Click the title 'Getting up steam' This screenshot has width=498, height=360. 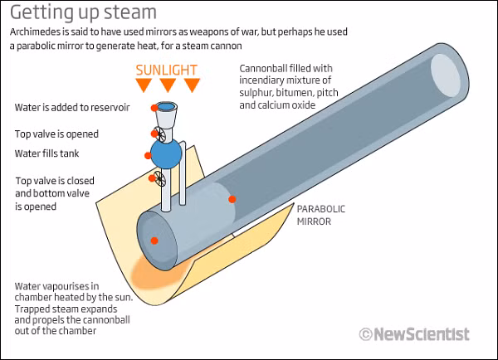pos(83,13)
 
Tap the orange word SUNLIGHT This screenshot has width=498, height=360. pos(167,71)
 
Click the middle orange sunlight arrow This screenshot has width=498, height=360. pos(168,85)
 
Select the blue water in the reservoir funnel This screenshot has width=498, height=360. pos(166,106)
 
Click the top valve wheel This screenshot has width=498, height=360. pos(159,134)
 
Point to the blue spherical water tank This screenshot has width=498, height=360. pos(166,154)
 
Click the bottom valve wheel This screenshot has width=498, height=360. pos(159,178)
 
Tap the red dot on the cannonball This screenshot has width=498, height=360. pos(232,199)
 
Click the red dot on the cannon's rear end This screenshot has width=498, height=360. pos(154,241)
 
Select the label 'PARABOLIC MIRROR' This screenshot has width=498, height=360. pos(320,215)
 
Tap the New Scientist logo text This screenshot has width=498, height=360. pos(422,334)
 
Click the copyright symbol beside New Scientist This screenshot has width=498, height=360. pos(365,334)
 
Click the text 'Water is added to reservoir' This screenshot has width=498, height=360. pos(72,108)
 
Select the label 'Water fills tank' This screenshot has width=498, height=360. pos(46,153)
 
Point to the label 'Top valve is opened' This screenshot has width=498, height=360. pos(56,134)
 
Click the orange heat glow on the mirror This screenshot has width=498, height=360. pos(157,272)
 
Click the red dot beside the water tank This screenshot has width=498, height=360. pos(148,156)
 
